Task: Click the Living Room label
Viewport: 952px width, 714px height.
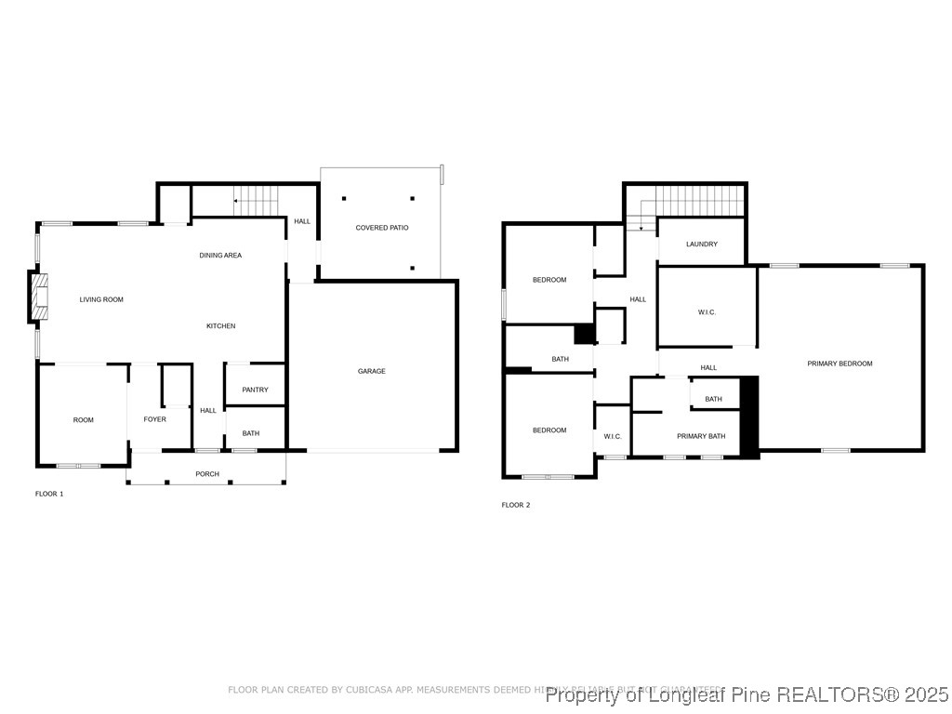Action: pyautogui.click(x=101, y=299)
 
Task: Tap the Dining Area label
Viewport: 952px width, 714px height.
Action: pyautogui.click(x=220, y=255)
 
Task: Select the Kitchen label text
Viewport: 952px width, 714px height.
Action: pyautogui.click(x=221, y=326)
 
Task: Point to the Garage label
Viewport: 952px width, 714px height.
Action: pyautogui.click(x=372, y=371)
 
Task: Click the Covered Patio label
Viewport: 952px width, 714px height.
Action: pyautogui.click(x=382, y=228)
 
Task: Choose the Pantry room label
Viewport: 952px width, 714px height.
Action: pyautogui.click(x=255, y=390)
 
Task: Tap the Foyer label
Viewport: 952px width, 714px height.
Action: pyautogui.click(x=155, y=419)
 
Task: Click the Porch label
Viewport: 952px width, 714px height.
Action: pyautogui.click(x=207, y=474)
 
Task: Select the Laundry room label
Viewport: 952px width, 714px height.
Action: pyautogui.click(x=702, y=245)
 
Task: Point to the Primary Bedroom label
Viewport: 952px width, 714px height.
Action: pyautogui.click(x=840, y=364)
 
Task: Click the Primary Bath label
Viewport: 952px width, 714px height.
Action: pyautogui.click(x=701, y=436)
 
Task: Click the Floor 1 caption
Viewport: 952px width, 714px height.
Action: pyautogui.click(x=49, y=494)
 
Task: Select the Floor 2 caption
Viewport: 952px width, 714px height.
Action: pyautogui.click(x=516, y=505)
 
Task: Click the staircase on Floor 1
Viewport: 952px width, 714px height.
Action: pyautogui.click(x=256, y=200)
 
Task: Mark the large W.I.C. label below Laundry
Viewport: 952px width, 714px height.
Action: pyautogui.click(x=707, y=312)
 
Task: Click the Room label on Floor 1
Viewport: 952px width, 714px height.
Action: pyautogui.click(x=84, y=420)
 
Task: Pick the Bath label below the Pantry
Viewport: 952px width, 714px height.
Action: pyautogui.click(x=251, y=433)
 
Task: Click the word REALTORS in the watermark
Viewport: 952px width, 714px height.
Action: pyautogui.click(x=821, y=694)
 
